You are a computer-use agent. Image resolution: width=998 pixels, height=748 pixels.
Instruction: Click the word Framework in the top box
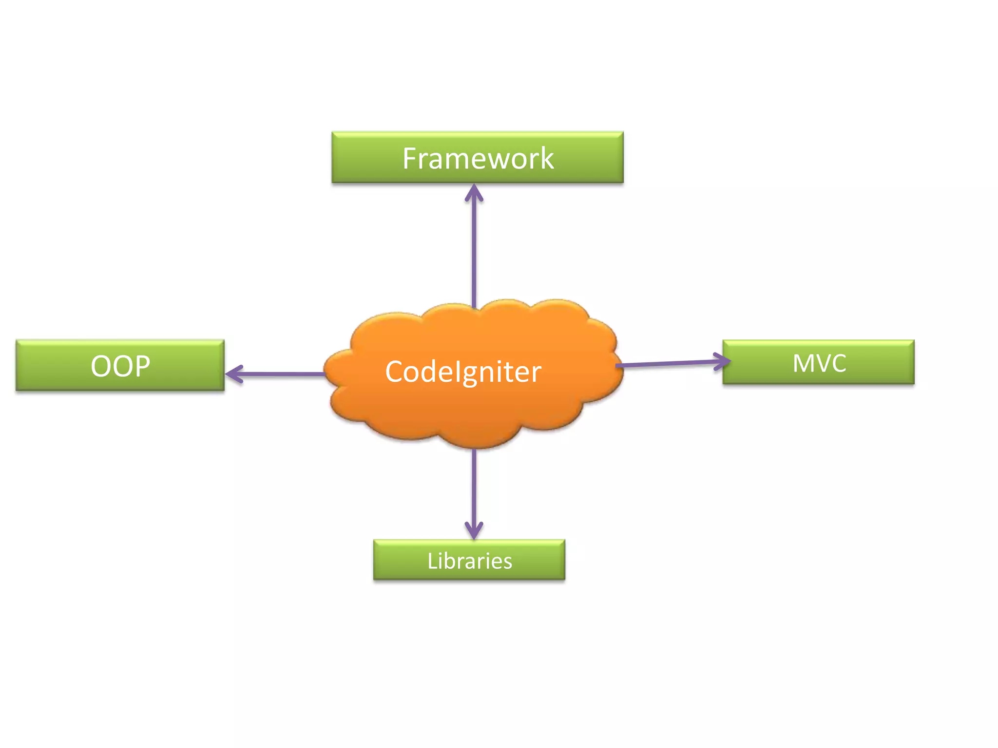pos(478,158)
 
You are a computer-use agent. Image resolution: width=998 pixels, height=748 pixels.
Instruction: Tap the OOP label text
pos(120,366)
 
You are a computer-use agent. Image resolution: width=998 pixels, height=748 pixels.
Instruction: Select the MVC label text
pos(819,363)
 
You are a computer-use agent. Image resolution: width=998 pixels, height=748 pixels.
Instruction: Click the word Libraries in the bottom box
pos(470,561)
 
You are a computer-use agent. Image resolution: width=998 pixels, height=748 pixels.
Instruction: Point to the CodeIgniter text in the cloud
pos(463,372)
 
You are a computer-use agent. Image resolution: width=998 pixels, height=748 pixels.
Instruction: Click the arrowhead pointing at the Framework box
pos(474,192)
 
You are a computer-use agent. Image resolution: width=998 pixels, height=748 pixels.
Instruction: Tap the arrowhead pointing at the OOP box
pos(234,374)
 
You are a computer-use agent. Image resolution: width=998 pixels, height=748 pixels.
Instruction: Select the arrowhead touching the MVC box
pos(723,361)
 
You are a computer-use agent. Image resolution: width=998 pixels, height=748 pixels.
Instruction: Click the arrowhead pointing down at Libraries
pos(474,531)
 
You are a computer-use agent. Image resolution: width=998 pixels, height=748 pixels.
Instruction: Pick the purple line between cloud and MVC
pos(668,363)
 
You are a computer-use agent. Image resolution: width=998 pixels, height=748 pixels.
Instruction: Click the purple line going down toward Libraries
pos(474,487)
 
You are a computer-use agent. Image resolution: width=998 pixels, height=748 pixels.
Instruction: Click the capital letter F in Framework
pos(410,158)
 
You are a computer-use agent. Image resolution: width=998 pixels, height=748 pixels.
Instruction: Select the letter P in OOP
pos(142,366)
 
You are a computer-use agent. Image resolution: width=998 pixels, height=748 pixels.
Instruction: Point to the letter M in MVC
pos(803,363)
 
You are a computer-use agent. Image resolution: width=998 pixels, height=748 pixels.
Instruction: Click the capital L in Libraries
pos(432,561)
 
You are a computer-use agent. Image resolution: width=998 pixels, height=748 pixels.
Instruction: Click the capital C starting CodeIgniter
pos(395,372)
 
